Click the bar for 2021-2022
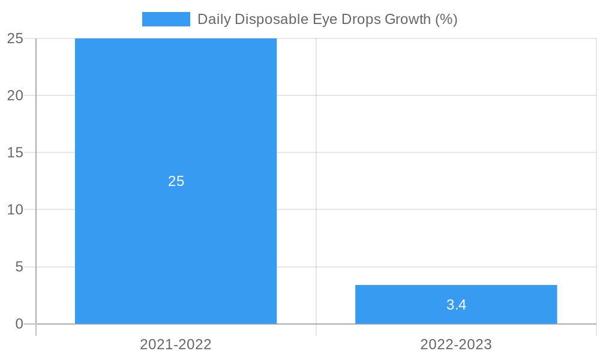176,120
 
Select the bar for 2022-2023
456,294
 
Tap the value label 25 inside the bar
176,181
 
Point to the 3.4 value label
456,305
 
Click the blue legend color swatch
166,19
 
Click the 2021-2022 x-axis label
176,344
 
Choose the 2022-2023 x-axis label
456,344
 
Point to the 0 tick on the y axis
19,324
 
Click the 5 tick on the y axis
19,266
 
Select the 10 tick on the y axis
15,209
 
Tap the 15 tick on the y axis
15,152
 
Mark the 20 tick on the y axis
15,95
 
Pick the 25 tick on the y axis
15,38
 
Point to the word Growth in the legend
407,19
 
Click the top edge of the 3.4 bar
456,286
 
